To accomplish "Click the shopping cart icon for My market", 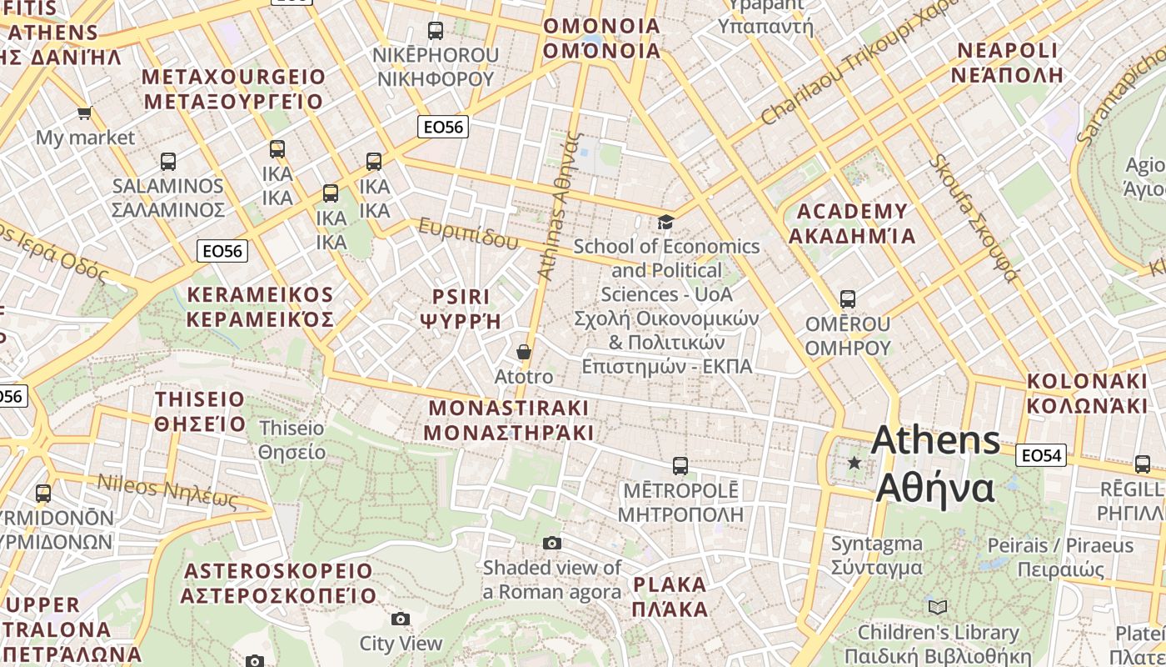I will click(84, 113).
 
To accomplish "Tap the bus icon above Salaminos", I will click(168, 162).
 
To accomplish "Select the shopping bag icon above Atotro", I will click(523, 352).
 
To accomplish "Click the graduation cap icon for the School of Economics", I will click(665, 222).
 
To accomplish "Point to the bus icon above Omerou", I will click(848, 299).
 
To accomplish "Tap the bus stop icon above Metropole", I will click(680, 466).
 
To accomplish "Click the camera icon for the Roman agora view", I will click(551, 544).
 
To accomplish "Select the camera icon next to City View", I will click(401, 619).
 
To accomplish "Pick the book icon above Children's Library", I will click(938, 607).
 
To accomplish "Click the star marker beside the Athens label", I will click(854, 462).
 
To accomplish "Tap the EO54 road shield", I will click(1041, 455).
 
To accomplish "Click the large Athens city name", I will click(935, 464).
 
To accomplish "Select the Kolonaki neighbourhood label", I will click(1087, 394).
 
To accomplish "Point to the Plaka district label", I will click(670, 596).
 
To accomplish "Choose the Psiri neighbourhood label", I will click(461, 308).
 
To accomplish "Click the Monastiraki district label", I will click(508, 420).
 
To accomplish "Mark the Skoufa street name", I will click(974, 218).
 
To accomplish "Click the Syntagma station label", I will click(876, 555).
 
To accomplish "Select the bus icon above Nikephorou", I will click(435, 31).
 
